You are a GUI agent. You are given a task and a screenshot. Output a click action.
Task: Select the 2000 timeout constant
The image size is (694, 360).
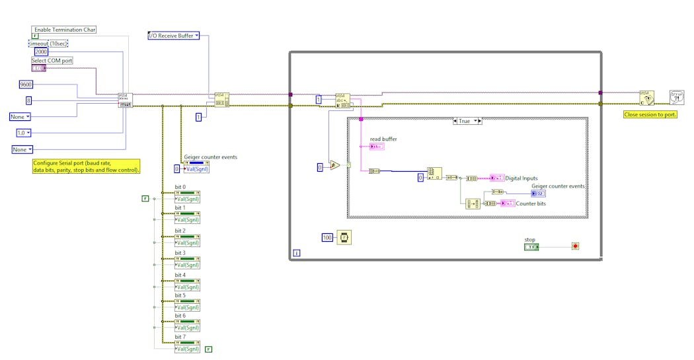41,52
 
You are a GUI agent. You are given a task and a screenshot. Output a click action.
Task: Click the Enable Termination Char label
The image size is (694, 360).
64,30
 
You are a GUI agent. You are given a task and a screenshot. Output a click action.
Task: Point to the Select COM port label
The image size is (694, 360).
52,61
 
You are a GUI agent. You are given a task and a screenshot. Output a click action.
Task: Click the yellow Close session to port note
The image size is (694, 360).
650,114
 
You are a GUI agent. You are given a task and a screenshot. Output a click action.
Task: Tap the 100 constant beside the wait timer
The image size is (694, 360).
327,236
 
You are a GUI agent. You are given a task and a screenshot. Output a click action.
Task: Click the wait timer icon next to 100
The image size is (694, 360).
344,236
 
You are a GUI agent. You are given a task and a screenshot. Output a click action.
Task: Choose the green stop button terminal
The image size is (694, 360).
531,247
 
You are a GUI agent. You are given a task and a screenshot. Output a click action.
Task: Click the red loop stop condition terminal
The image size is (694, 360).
575,246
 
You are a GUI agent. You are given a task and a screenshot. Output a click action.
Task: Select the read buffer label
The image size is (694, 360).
383,139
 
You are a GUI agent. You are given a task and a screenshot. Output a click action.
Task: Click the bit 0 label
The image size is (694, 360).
180,187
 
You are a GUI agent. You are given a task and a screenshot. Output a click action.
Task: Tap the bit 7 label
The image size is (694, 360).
180,337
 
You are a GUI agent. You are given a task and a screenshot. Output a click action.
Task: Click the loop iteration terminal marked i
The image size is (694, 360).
296,253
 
